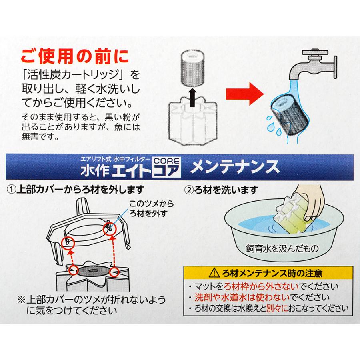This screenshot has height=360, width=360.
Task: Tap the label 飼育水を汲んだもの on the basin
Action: [x=282, y=249]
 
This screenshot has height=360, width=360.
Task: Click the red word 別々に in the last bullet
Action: [x=288, y=308]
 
